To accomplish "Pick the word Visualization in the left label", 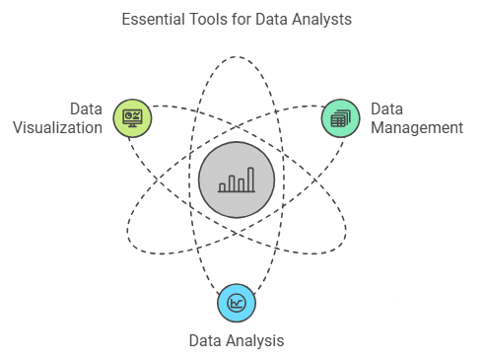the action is tap(63, 127).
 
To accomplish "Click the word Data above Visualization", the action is tap(86, 108).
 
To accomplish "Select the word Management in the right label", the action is tap(417, 128).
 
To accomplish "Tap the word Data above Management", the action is tap(387, 109).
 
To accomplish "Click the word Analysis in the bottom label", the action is tap(255, 341).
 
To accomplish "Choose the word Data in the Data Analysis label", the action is tap(205, 341).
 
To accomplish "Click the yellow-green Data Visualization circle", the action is tap(131, 118).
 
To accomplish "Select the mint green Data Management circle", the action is tap(340, 118).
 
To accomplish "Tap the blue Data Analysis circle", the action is tap(237, 302).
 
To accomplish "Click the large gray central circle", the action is tap(236, 181).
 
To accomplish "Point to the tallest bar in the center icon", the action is tap(250, 180).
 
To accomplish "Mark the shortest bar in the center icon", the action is tap(222, 186).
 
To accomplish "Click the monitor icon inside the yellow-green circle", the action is tap(131, 118).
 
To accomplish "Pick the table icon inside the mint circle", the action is tap(340, 119).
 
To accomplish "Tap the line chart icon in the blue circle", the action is tap(237, 303).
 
